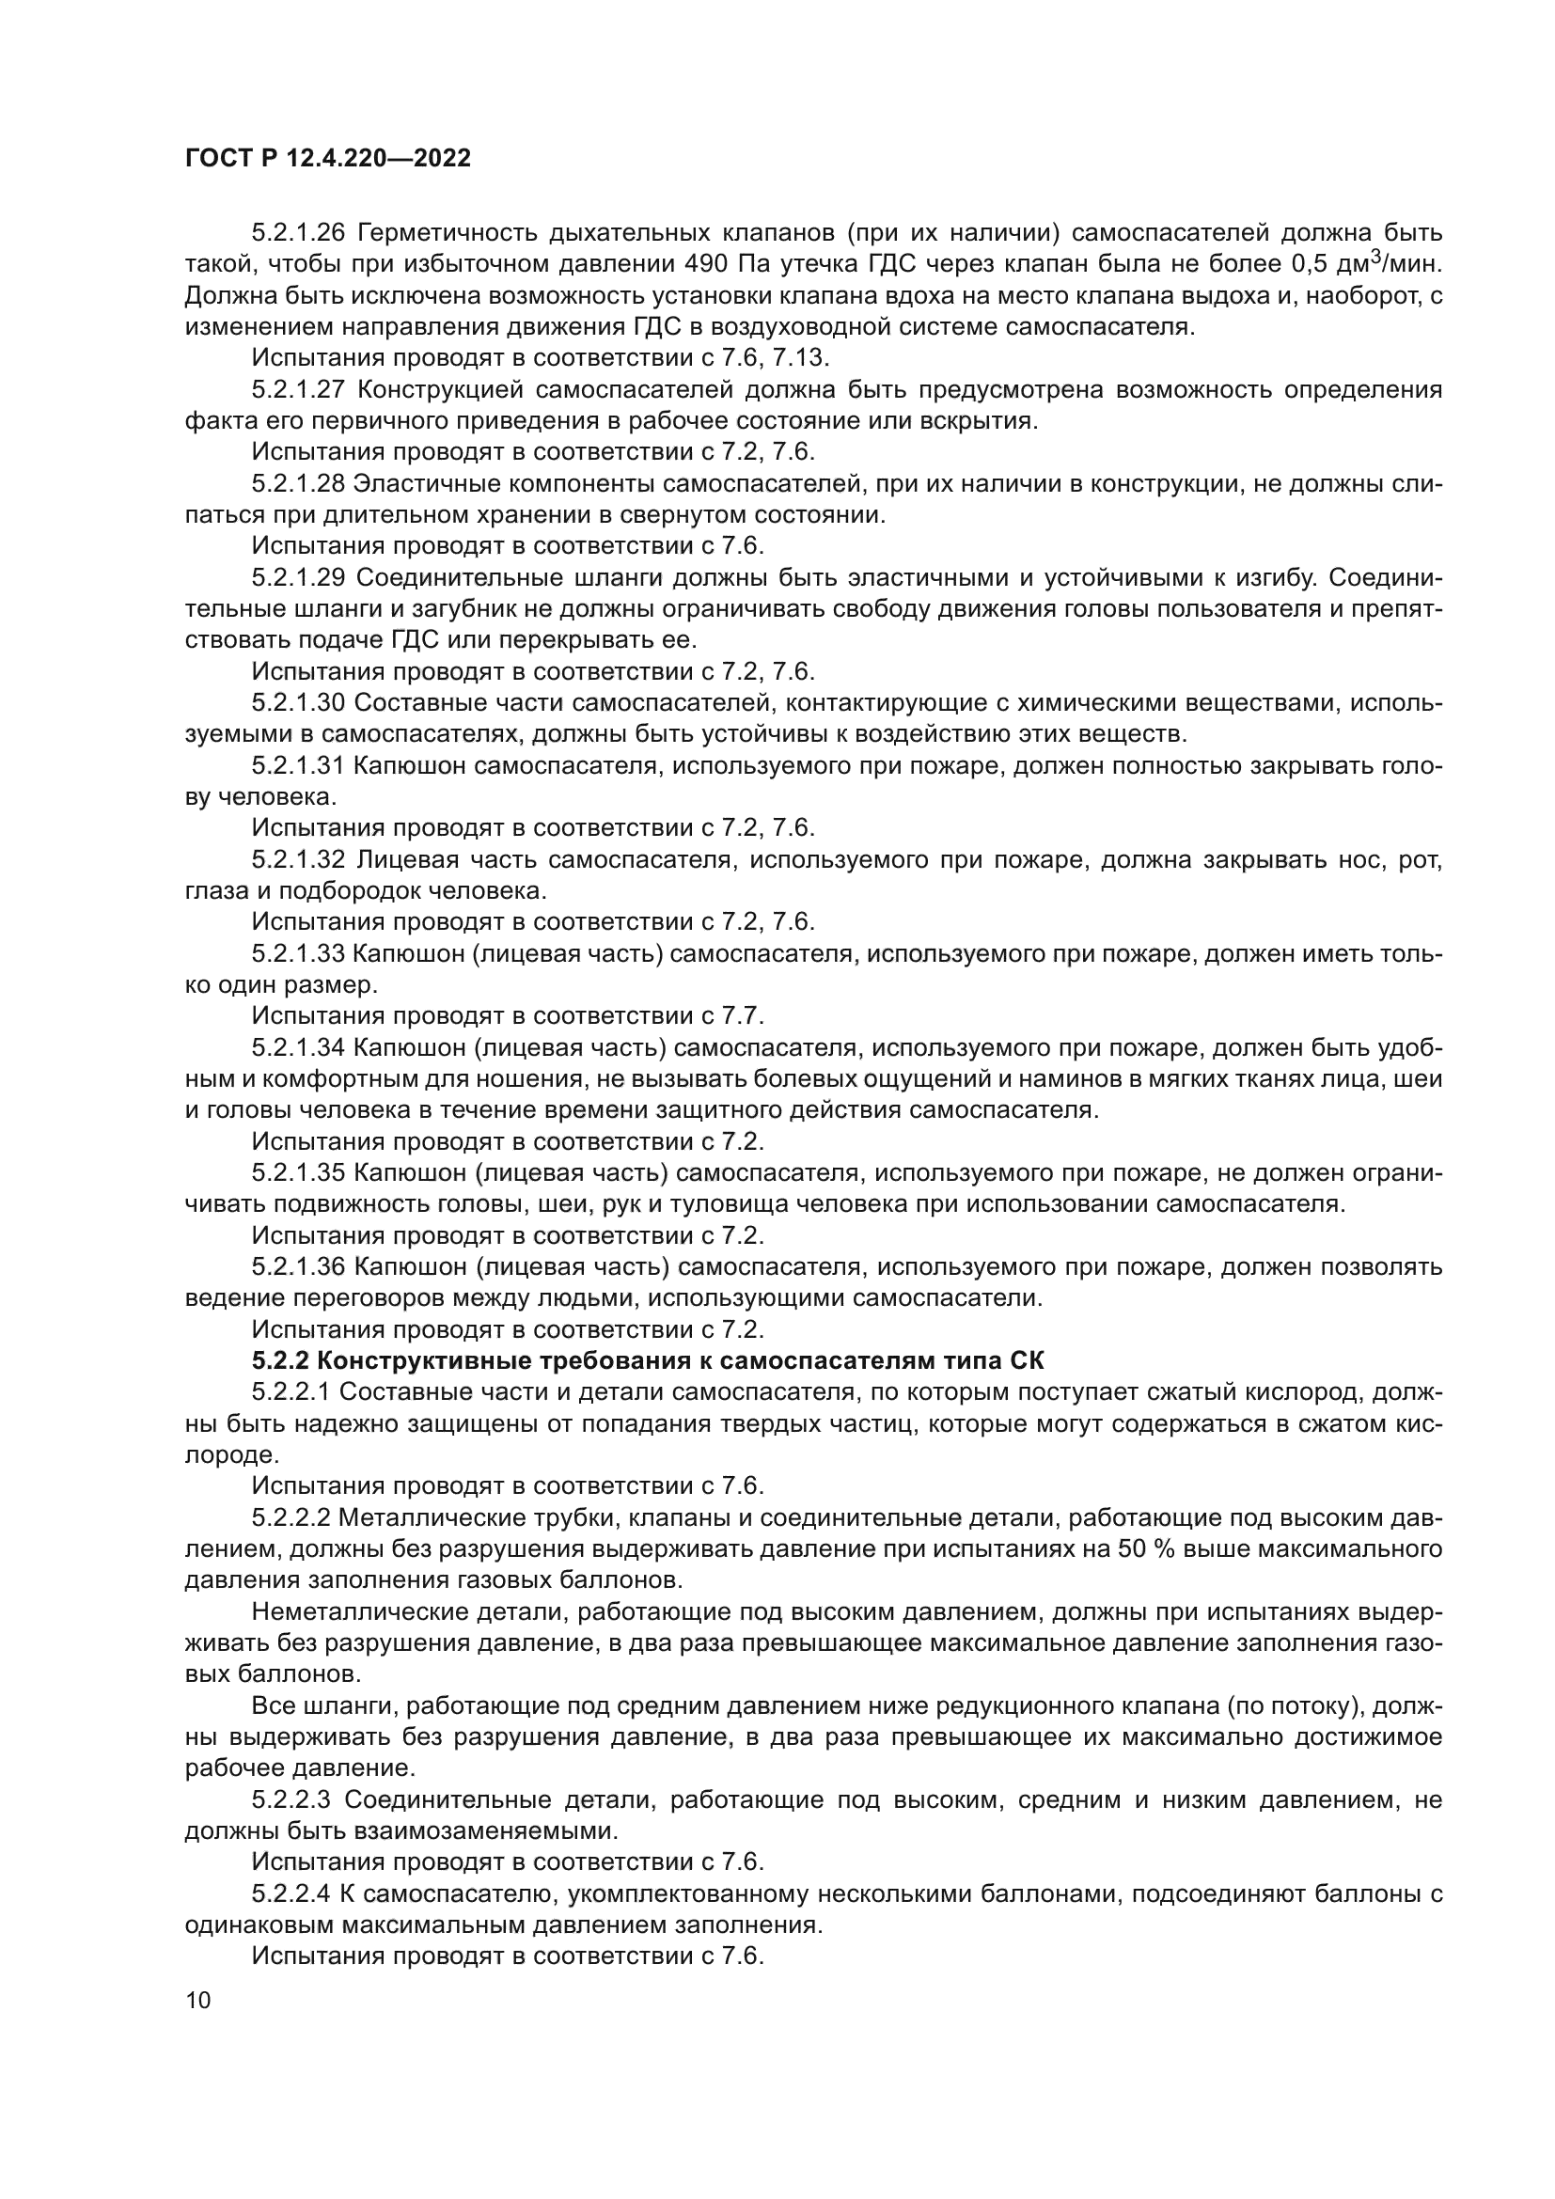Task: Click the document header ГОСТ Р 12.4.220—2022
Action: point(327,158)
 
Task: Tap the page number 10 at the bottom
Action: point(197,2001)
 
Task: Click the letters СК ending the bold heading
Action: point(1029,1361)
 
